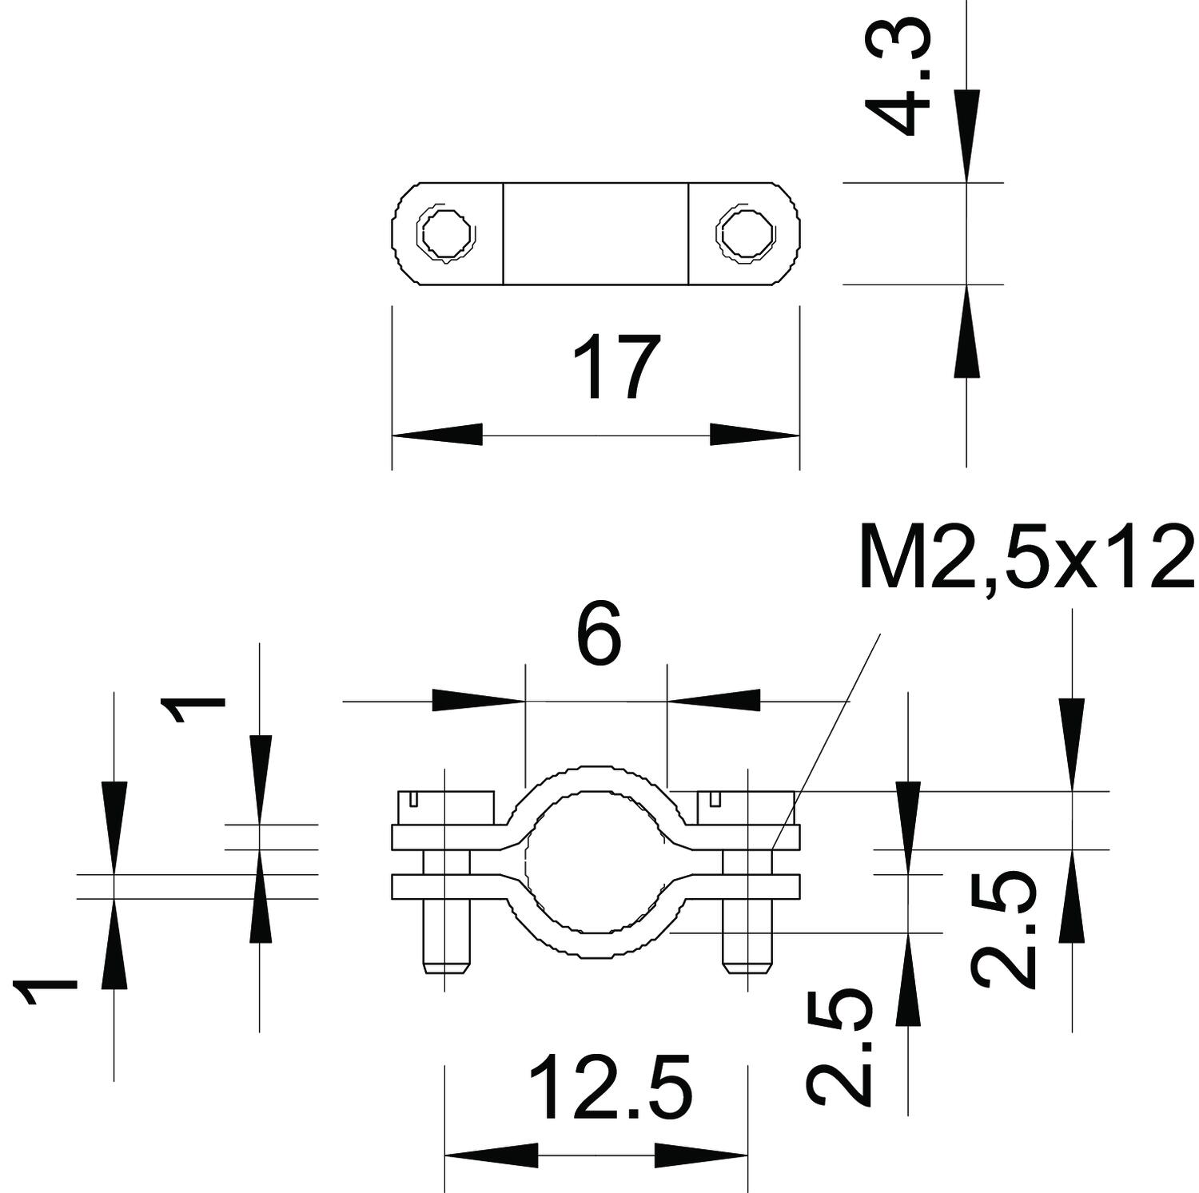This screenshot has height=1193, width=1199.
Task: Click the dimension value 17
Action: tap(610, 368)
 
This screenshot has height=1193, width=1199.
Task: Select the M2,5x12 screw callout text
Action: tap(1026, 558)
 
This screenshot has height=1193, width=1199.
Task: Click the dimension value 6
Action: tap(598, 637)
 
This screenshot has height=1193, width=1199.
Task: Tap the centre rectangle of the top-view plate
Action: tap(596, 233)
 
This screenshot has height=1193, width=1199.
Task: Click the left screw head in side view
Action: tap(444, 807)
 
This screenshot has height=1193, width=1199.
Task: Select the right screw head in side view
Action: tap(746, 807)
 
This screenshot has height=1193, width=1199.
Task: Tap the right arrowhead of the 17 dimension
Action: tap(755, 435)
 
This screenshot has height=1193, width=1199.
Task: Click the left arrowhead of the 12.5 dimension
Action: tap(490, 1155)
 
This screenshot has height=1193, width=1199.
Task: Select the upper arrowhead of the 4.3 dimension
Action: tap(966, 136)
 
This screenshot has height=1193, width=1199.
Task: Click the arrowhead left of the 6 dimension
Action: tap(478, 701)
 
